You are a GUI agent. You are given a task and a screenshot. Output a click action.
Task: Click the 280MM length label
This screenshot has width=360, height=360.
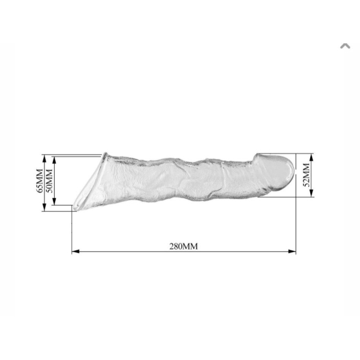[x=184, y=247]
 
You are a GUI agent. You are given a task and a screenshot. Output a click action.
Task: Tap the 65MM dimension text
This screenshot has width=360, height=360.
[x=40, y=181]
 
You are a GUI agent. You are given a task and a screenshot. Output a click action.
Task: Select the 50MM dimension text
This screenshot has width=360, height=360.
[x=49, y=181]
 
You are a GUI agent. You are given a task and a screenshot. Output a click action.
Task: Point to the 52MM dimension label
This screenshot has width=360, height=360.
[x=307, y=175]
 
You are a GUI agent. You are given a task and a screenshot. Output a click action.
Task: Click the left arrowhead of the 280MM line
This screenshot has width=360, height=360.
[x=76, y=251]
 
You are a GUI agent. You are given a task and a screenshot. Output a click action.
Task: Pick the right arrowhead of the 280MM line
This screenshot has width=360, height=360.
[x=292, y=251]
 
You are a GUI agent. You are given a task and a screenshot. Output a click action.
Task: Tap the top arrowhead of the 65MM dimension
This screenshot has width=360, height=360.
[x=44, y=158]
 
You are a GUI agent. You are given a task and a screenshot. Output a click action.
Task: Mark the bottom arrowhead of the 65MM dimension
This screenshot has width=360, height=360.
[x=44, y=207]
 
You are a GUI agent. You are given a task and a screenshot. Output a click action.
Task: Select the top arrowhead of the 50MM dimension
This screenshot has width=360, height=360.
[x=54, y=160]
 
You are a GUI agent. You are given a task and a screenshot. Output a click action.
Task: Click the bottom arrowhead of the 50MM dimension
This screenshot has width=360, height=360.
[x=54, y=201]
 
